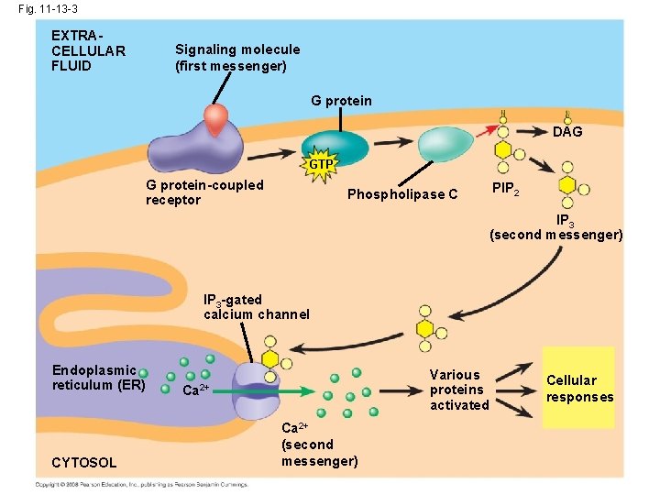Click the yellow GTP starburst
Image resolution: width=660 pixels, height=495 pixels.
[x=321, y=164]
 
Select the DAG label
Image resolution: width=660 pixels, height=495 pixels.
[x=567, y=132]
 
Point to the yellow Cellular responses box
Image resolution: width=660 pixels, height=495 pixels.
[x=579, y=388]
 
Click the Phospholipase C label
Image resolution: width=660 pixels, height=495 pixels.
[x=402, y=193]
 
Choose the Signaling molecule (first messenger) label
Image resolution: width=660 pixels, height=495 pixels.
[x=237, y=58]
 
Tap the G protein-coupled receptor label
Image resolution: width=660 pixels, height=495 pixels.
[x=204, y=192]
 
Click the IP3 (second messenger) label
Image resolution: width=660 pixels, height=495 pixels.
[x=556, y=227]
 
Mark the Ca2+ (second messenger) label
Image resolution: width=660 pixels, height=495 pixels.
[x=319, y=445]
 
